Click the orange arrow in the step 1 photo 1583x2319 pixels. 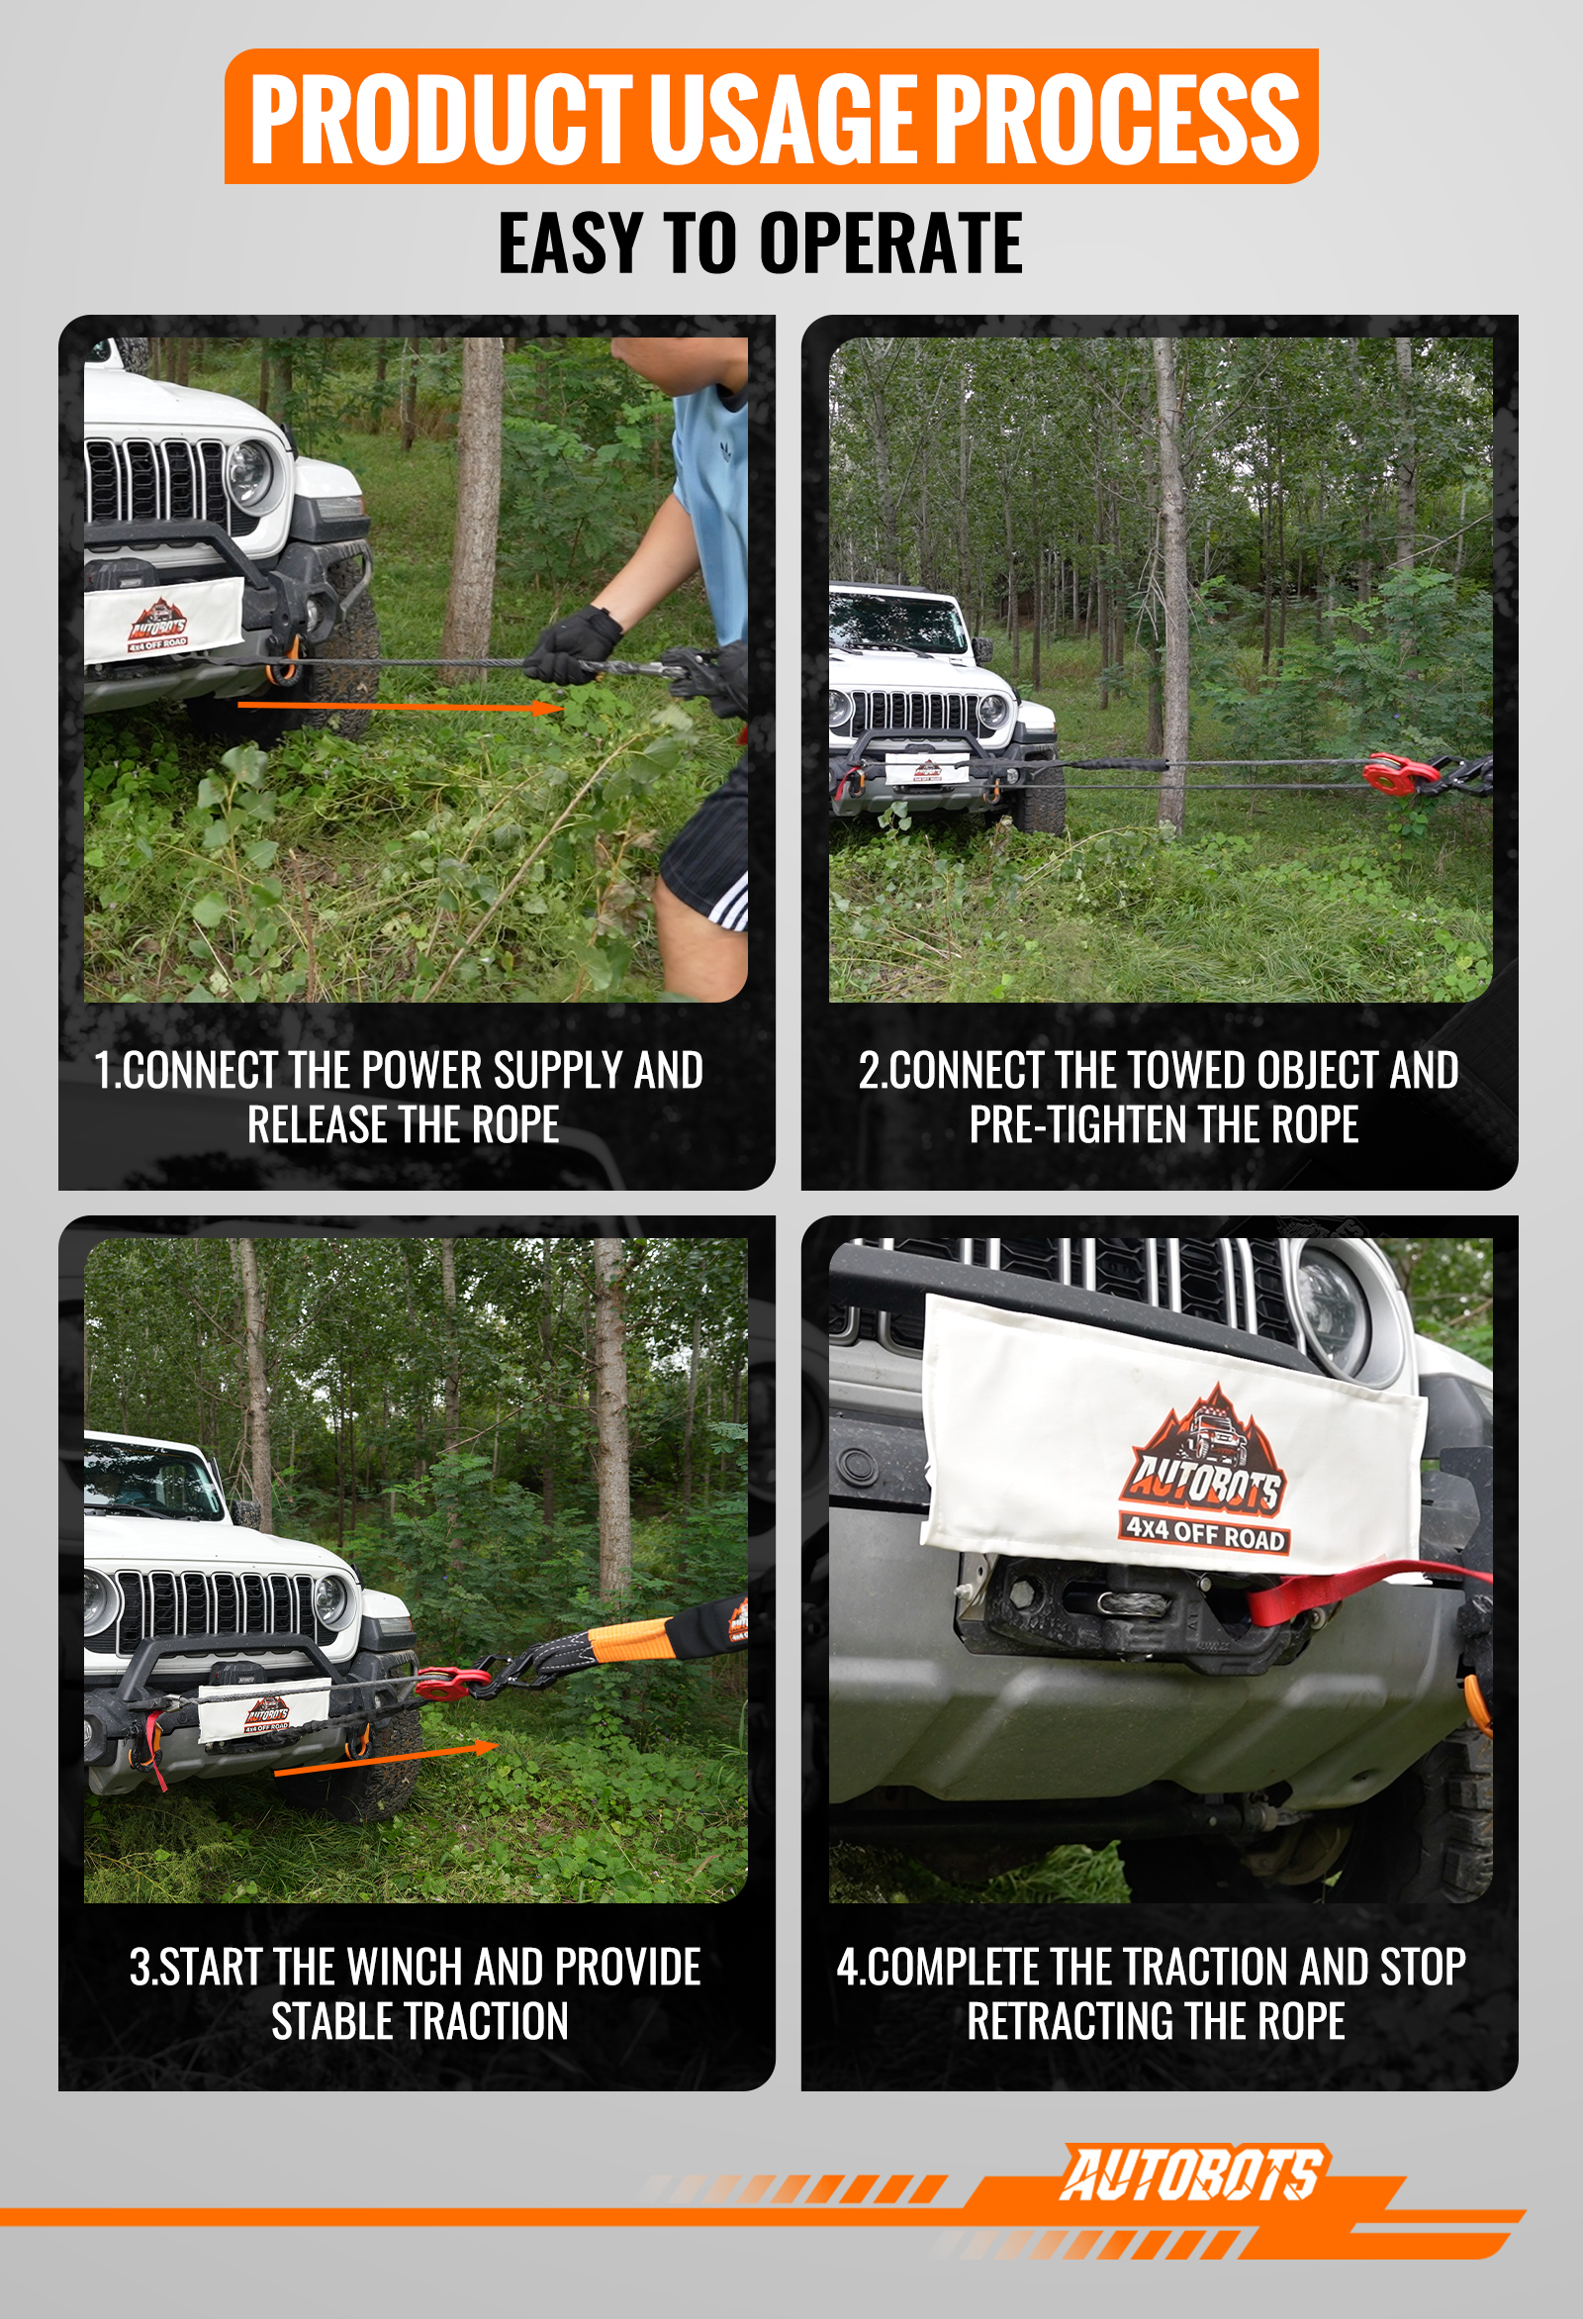pos(402,707)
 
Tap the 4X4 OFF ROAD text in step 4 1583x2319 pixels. pos(1205,1535)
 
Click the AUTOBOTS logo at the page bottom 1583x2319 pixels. pos(1192,2175)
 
